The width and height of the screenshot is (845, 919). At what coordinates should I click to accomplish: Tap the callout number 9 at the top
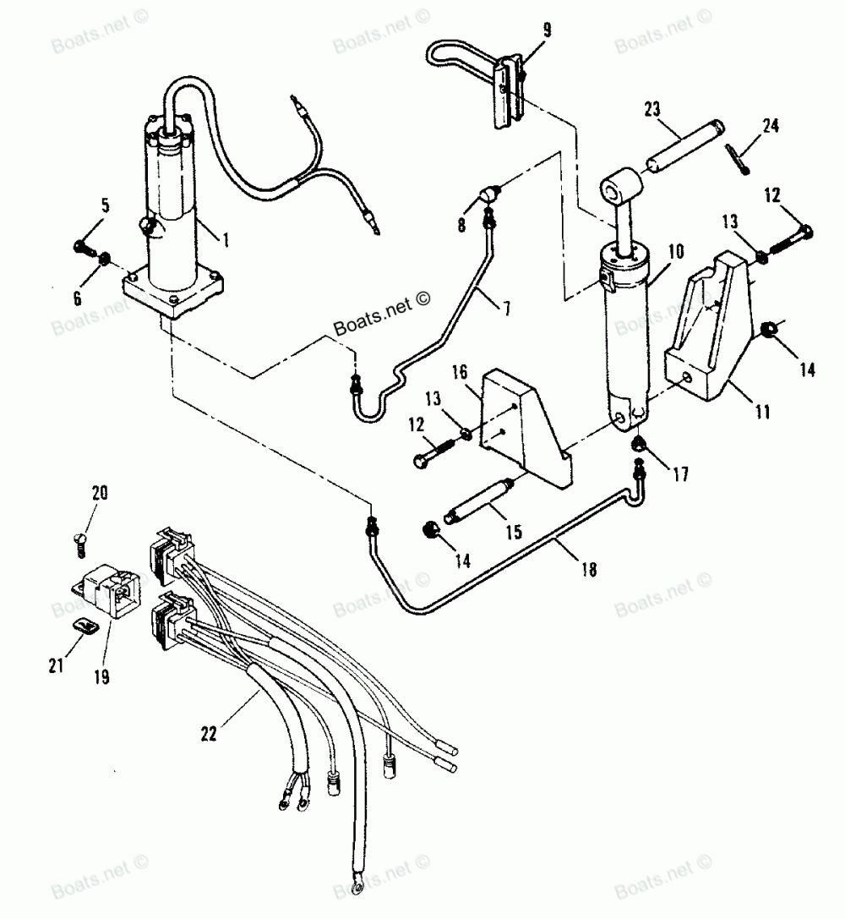(x=547, y=30)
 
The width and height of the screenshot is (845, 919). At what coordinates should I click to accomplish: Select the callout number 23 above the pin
(x=651, y=109)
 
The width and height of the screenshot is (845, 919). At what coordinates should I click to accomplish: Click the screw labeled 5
(x=85, y=248)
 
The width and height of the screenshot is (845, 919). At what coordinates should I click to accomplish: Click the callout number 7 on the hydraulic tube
(x=506, y=307)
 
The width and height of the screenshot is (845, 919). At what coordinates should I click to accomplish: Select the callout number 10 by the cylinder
(x=676, y=251)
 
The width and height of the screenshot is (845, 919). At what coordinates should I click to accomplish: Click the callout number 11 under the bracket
(x=762, y=412)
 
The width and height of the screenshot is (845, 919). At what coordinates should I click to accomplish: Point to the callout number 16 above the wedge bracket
(x=460, y=372)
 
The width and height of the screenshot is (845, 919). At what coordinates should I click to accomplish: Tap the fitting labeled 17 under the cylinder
(x=639, y=444)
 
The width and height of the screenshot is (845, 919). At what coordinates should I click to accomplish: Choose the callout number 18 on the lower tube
(x=588, y=569)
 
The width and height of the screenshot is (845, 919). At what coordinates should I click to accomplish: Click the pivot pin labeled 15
(x=479, y=500)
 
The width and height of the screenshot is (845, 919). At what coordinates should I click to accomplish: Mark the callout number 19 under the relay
(x=101, y=677)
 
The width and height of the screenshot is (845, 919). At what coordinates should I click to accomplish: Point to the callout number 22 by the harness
(x=209, y=733)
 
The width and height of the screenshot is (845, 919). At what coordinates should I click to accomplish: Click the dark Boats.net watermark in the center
(x=382, y=312)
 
